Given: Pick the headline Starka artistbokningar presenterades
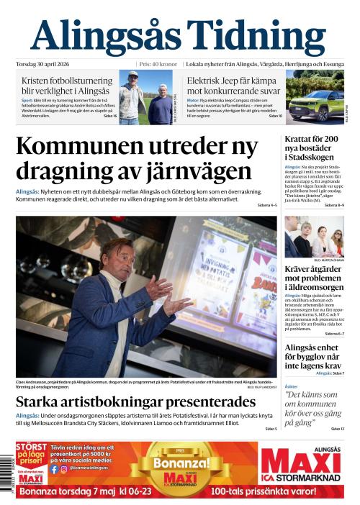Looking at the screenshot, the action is pos(135,401).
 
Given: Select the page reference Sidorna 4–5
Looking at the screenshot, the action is pos(266,206).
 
